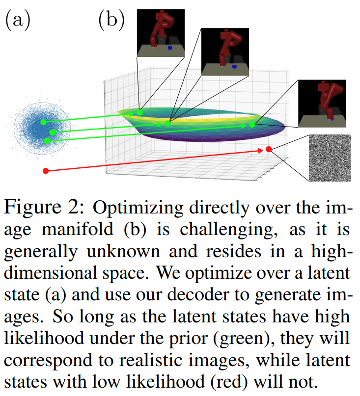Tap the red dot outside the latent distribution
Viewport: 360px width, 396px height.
(46, 171)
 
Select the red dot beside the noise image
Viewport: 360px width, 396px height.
(268, 149)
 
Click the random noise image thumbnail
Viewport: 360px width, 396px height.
(329, 158)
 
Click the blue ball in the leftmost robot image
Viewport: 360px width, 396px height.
(169, 48)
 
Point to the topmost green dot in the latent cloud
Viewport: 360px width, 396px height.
(43, 122)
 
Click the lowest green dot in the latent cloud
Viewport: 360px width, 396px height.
(47, 141)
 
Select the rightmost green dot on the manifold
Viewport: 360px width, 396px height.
(252, 125)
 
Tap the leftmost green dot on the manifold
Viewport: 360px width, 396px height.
(140, 112)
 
